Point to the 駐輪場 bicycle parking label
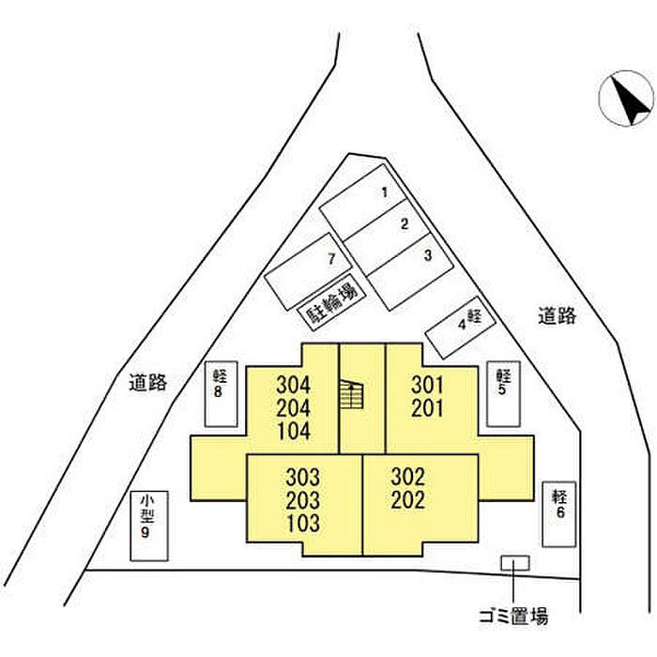click(x=329, y=305)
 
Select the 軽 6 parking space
click(x=558, y=512)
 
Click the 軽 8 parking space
click(x=221, y=394)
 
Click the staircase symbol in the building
click(x=351, y=395)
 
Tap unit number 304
click(x=294, y=385)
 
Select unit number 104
click(x=294, y=432)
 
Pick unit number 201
click(x=427, y=408)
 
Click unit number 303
click(x=304, y=476)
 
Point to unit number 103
click(x=304, y=523)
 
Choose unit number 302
click(x=409, y=476)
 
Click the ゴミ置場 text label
click(x=512, y=617)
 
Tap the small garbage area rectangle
click(x=514, y=562)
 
